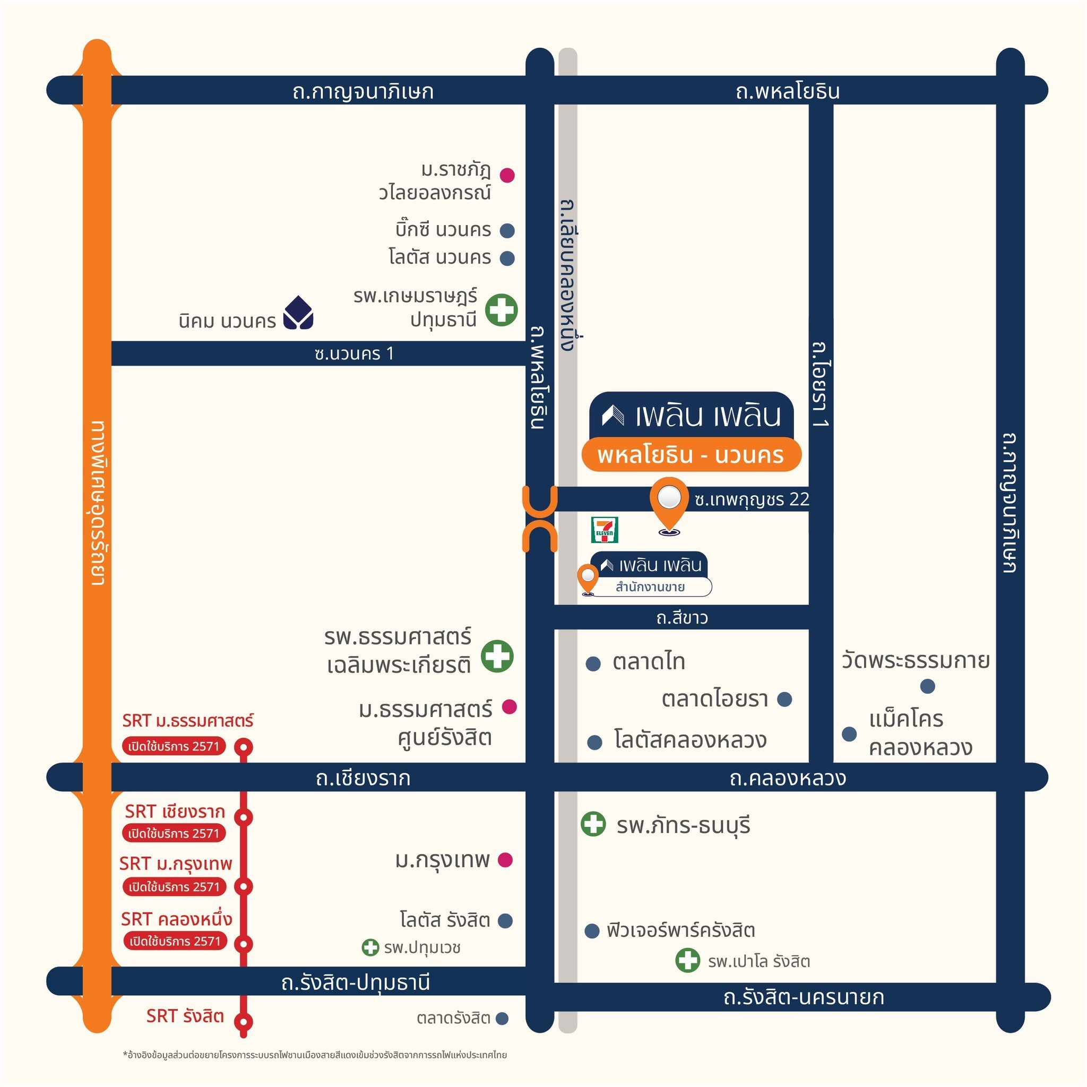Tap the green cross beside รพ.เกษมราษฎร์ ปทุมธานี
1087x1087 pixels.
pos(501,309)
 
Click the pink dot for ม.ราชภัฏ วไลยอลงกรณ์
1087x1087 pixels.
pos(507,175)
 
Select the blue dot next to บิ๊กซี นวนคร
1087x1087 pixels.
pos(507,230)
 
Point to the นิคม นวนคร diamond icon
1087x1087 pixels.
pos(298,313)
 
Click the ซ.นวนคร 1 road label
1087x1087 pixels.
pos(355,353)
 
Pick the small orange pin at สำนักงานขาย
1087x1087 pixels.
pos(588,578)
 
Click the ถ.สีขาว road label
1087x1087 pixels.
pos(682,618)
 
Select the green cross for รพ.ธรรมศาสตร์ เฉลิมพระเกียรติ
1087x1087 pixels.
pos(497,656)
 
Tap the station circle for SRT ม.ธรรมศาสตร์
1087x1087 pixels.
pos(244,747)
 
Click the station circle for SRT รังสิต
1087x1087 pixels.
pos(244,1021)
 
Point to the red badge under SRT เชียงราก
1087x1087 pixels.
pos(174,833)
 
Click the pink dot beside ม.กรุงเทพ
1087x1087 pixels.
pos(505,860)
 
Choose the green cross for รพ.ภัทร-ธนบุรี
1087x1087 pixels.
pos(593,824)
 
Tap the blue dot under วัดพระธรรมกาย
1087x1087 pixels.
pos(927,686)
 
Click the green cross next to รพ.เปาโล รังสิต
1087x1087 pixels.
pos(687,960)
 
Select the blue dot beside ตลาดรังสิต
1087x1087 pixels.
pos(502,1018)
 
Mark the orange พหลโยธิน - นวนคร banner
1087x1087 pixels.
pos(691,455)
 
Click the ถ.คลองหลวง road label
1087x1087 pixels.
pos(788,778)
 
